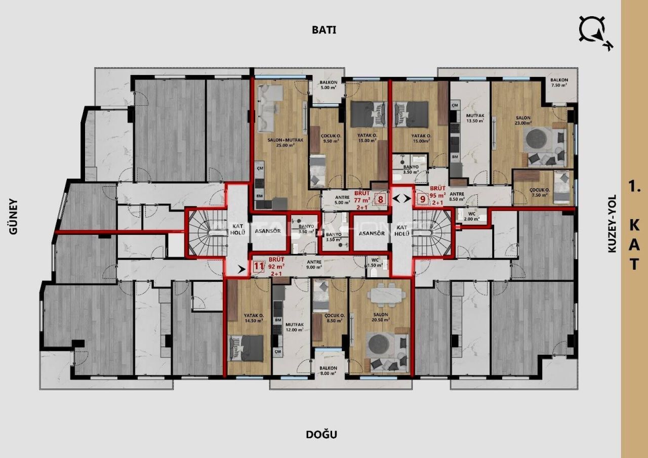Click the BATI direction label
[324, 29]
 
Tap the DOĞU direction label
[321, 434]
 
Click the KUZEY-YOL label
[613, 224]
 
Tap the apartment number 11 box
[258, 266]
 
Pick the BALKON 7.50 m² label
[559, 83]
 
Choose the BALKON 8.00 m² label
[329, 370]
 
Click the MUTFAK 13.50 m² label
[475, 118]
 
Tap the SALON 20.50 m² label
[380, 317]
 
